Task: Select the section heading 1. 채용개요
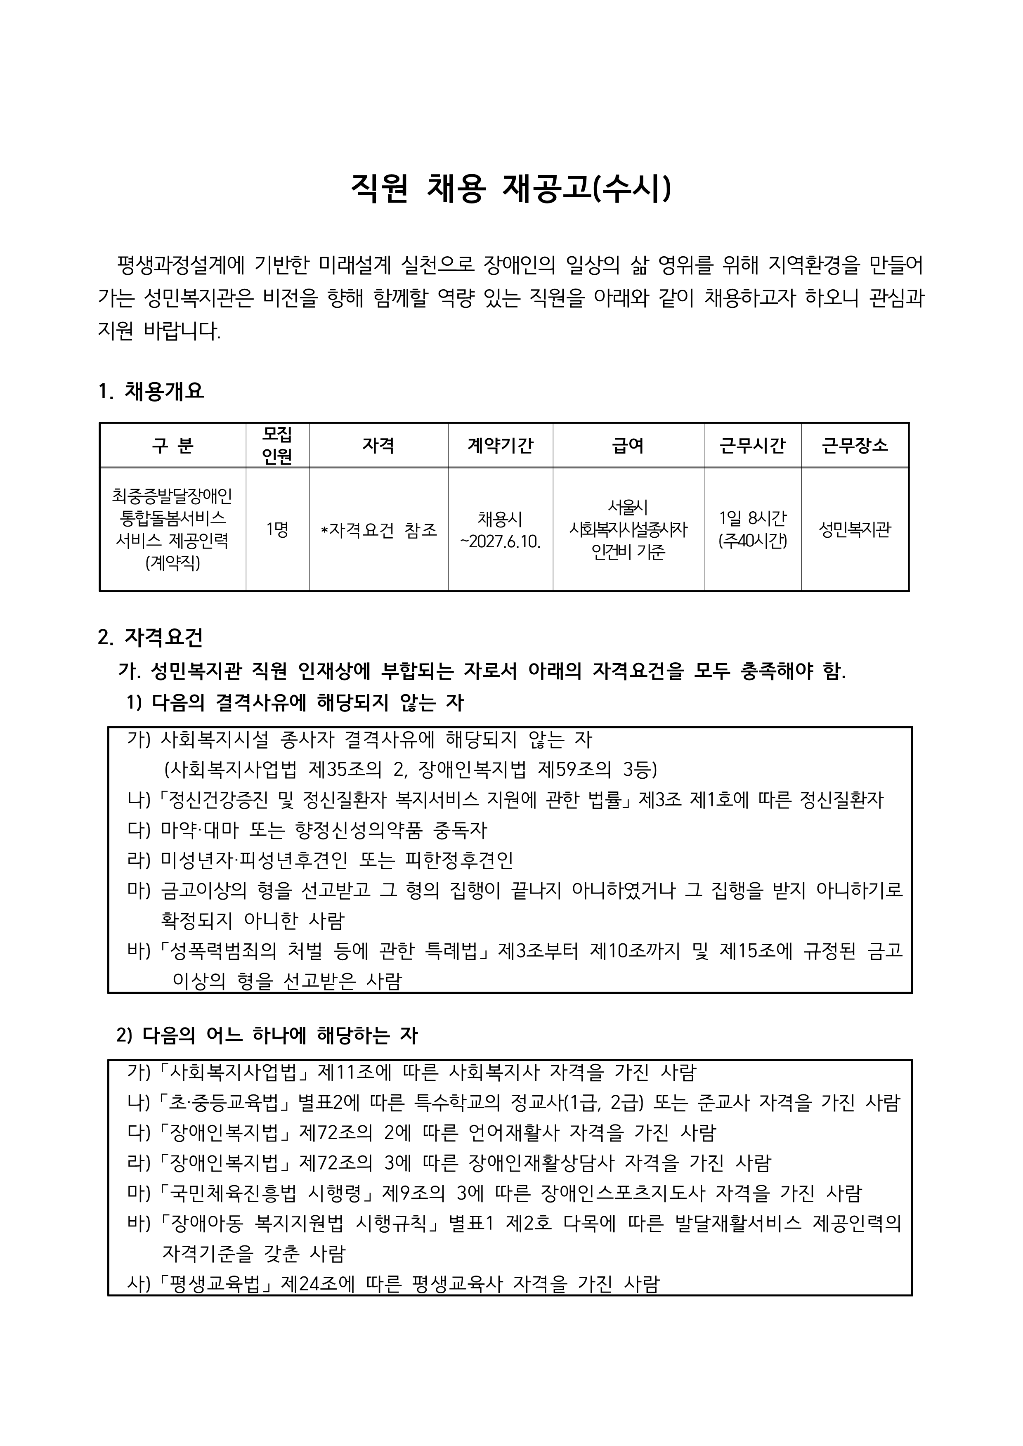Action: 151,391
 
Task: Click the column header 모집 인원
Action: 277,445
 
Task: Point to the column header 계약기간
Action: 500,445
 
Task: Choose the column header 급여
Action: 628,445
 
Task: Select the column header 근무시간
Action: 752,445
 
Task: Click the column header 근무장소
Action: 855,445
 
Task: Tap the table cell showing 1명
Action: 277,529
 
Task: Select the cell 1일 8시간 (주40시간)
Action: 752,529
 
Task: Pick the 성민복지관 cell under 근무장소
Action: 855,529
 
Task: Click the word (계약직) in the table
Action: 172,562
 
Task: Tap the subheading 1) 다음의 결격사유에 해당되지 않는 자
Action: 295,703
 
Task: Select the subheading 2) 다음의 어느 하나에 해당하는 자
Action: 267,1035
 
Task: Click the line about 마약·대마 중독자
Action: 307,830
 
